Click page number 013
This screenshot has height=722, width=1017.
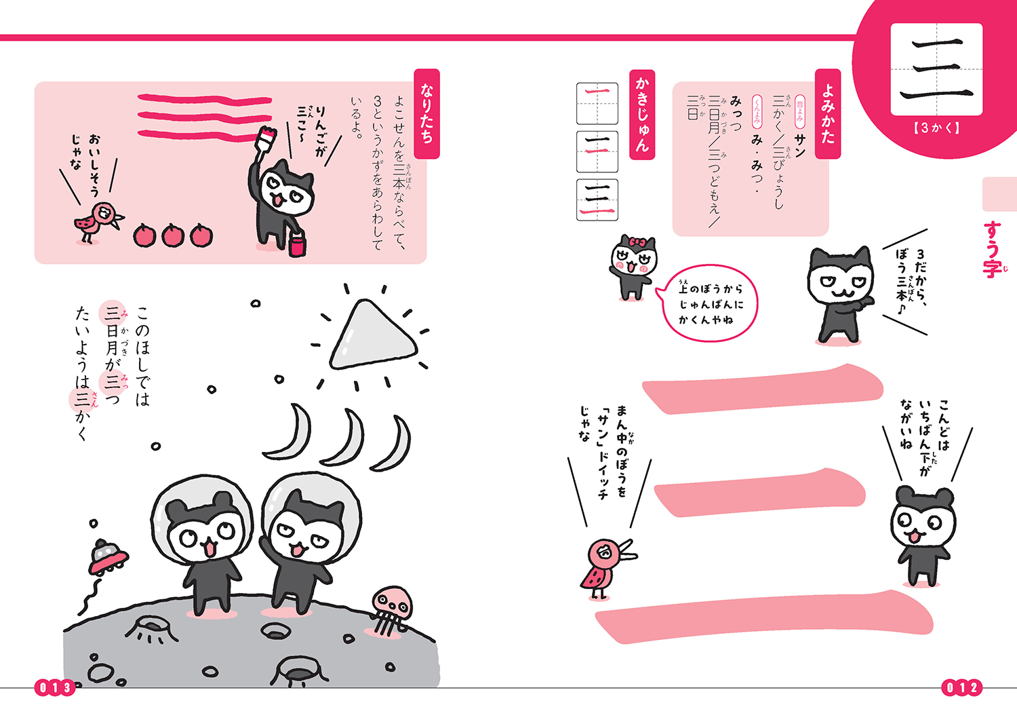[x=54, y=687]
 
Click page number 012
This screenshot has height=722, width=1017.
[x=961, y=687]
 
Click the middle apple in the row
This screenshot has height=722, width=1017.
[x=173, y=235]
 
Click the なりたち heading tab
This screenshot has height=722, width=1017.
[x=426, y=113]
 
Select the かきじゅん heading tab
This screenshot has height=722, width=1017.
[x=642, y=115]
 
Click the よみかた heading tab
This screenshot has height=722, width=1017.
[x=828, y=113]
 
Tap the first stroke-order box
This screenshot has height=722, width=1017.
[x=597, y=103]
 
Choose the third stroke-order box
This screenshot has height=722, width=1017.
[x=597, y=200]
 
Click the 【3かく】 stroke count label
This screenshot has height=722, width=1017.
[x=936, y=128]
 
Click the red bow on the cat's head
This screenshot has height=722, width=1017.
[x=638, y=242]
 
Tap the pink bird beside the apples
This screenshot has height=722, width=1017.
[x=99, y=222]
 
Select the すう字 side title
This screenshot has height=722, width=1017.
[x=993, y=249]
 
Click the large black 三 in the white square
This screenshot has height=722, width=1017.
[x=936, y=69]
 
